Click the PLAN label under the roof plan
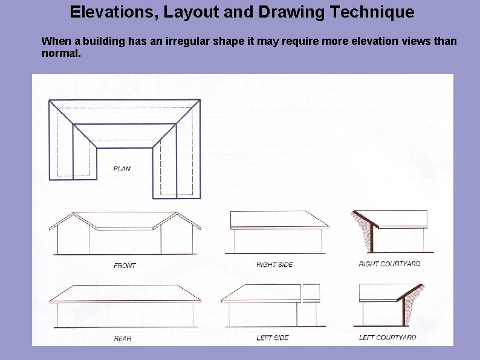click(122, 169)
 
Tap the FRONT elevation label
click(125, 266)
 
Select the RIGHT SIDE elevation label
click(274, 265)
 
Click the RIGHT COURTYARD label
click(389, 264)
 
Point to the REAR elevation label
click(123, 338)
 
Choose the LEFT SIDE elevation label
click(273, 338)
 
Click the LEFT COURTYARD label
click(388, 338)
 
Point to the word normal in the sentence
click(59, 53)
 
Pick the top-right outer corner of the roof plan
click(199, 100)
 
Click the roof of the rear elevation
click(125, 293)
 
